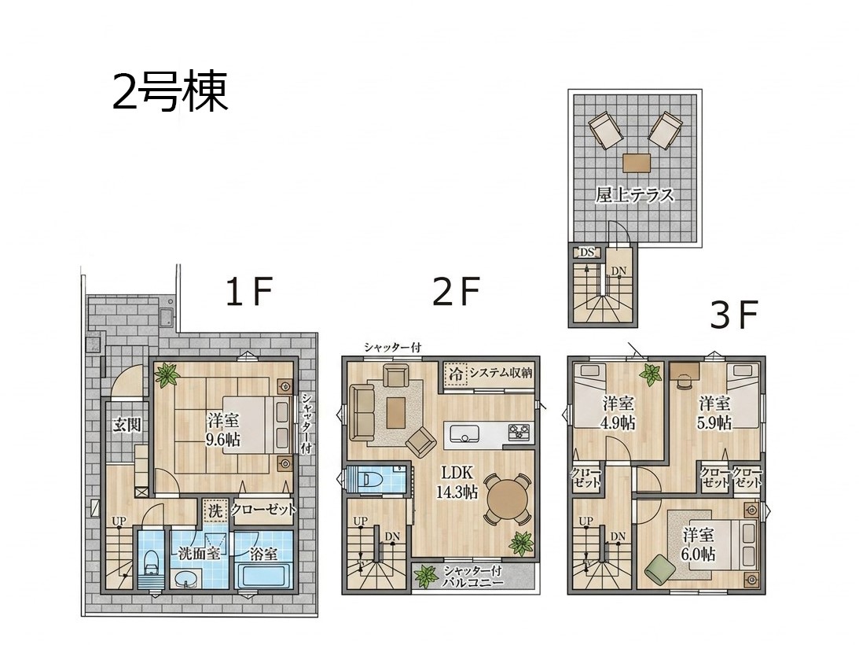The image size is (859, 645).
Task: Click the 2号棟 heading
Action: click(x=170, y=92)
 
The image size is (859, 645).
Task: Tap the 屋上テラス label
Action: click(x=634, y=195)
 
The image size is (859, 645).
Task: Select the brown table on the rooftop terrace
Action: click(x=637, y=164)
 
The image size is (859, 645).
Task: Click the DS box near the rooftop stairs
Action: click(x=587, y=252)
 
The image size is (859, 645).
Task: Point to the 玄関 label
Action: click(x=127, y=425)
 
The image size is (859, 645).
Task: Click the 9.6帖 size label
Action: click(x=223, y=439)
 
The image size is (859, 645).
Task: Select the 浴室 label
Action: click(x=263, y=553)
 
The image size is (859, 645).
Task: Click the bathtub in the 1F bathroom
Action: click(x=263, y=577)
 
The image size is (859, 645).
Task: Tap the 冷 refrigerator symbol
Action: click(x=456, y=374)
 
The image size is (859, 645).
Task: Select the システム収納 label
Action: click(x=501, y=374)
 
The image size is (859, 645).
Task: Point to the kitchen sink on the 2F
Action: click(x=464, y=433)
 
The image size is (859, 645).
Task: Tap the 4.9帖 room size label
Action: click(x=619, y=423)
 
